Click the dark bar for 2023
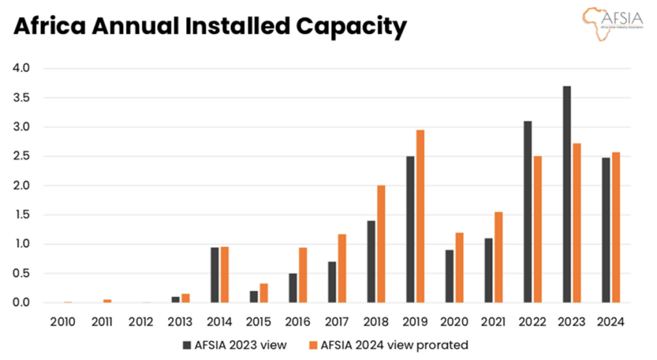pos(567,194)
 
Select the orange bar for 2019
pos(420,216)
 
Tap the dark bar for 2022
pos(527,212)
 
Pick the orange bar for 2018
pos(381,244)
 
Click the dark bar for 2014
pos(215,275)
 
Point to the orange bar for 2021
pos(499,257)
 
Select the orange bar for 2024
pos(616,227)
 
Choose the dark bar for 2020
pos(449,276)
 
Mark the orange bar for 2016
pos(303,275)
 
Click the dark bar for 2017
pos(332,282)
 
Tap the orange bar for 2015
pos(264,293)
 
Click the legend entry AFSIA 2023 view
pos(234,345)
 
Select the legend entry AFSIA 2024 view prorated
pos(389,345)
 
